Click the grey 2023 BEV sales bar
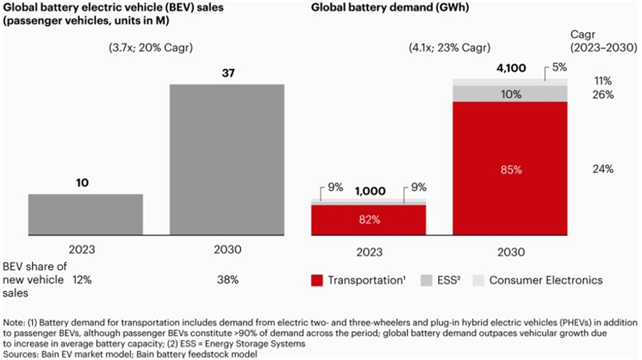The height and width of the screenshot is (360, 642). coord(85,215)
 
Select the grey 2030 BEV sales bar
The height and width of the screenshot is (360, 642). coord(227,160)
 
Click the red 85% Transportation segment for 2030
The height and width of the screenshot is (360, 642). coord(510,169)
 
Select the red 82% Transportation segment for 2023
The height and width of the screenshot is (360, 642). coord(369,220)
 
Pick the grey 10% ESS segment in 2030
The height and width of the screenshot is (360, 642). coord(510,94)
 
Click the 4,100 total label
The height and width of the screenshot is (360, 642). coord(510,68)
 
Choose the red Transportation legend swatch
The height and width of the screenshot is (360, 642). coord(317,280)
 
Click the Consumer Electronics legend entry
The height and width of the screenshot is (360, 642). coord(537,280)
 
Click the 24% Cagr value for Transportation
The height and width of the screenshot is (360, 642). coord(602,169)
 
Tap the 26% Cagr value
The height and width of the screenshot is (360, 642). coord(602,95)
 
